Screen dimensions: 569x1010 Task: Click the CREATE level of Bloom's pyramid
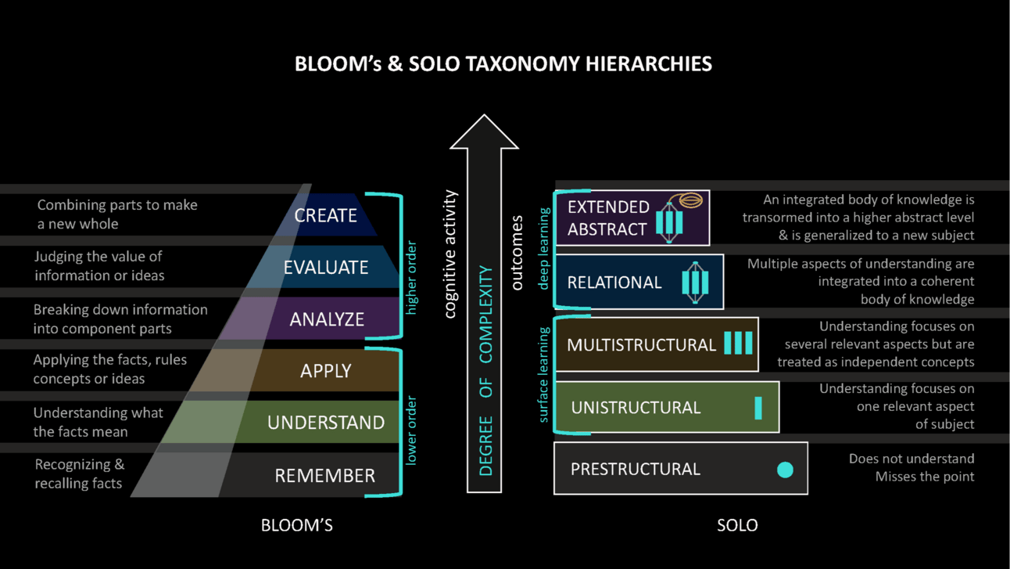click(325, 215)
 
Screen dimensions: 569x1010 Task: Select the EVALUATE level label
click(325, 267)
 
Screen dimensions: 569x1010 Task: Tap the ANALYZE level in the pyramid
click(327, 319)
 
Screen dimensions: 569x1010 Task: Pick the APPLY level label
click(325, 371)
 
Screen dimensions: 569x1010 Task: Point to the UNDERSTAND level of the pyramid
click(325, 423)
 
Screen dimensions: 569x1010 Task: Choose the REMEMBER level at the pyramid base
click(324, 475)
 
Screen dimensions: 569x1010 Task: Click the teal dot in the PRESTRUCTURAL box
click(785, 470)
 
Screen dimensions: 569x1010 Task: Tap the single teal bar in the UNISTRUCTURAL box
click(757, 408)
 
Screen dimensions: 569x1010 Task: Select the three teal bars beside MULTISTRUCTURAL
click(738, 343)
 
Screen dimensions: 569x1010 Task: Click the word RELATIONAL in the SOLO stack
click(614, 283)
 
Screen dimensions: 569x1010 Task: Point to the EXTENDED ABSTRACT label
click(607, 218)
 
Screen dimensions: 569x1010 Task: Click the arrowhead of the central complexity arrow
click(484, 131)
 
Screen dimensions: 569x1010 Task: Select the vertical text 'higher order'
click(412, 279)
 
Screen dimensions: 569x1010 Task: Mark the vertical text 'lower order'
click(412, 430)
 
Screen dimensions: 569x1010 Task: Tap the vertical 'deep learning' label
click(544, 248)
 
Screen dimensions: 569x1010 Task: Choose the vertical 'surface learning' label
click(544, 375)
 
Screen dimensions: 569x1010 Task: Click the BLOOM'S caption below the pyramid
click(296, 525)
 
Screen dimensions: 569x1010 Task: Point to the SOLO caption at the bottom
click(736, 525)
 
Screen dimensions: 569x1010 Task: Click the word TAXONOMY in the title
click(532, 63)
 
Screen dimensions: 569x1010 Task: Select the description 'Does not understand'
click(911, 459)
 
